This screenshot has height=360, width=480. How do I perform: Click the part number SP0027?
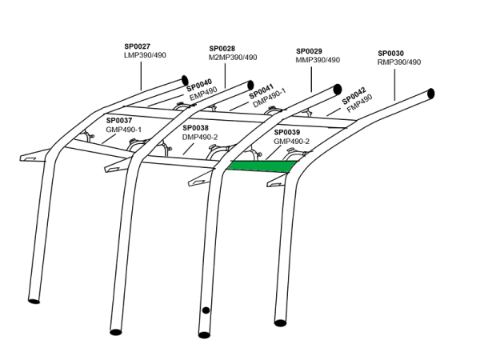pyautogui.click(x=137, y=46)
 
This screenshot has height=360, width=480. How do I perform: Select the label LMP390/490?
pyautogui.click(x=145, y=55)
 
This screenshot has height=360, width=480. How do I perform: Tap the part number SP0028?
pyautogui.click(x=222, y=49)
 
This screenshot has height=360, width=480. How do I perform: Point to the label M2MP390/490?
pyautogui.click(x=233, y=58)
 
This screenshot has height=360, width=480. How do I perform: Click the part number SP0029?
pyautogui.click(x=309, y=51)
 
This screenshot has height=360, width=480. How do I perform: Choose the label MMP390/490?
pyautogui.click(x=318, y=60)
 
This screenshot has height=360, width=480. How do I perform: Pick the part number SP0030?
pyautogui.click(x=391, y=54)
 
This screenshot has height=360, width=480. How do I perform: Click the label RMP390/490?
pyautogui.click(x=399, y=62)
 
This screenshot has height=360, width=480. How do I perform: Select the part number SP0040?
pyautogui.click(x=199, y=85)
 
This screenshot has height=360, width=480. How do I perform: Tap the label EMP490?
pyautogui.click(x=203, y=94)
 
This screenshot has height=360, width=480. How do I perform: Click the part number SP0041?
pyautogui.click(x=262, y=91)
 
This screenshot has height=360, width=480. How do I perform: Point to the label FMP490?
pyautogui.click(x=360, y=103)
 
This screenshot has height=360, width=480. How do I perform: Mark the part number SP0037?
pyautogui.click(x=119, y=121)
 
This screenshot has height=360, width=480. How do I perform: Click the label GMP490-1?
pyautogui.click(x=124, y=130)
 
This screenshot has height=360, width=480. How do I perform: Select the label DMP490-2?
pyautogui.click(x=200, y=137)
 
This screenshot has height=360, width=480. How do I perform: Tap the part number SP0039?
pyautogui.click(x=287, y=132)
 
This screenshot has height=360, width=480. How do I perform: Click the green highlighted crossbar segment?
pyautogui.click(x=262, y=166)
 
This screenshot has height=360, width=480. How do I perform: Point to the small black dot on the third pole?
pyautogui.click(x=206, y=310)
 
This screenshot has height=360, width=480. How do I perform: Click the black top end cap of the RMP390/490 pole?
pyautogui.click(x=430, y=93)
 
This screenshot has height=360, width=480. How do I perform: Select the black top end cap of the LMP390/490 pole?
pyautogui.click(x=185, y=80)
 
